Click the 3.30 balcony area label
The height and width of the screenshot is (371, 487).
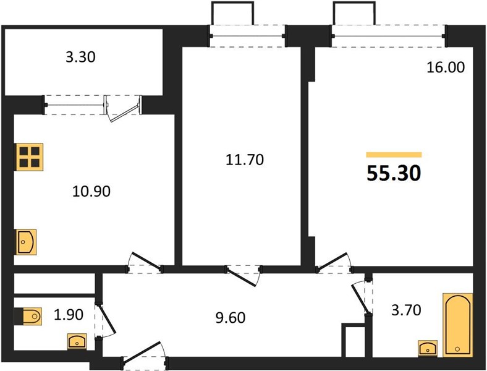point(80,57)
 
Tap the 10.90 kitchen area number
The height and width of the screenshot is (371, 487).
point(91,192)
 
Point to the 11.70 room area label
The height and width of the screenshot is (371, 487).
point(245,160)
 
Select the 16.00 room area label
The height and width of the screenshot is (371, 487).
point(446,67)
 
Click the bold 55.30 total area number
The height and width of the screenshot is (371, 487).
point(394,173)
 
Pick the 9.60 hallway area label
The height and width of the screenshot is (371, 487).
point(231,318)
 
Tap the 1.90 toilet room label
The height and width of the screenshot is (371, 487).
point(69,315)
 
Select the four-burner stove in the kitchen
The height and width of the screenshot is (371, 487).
point(30,157)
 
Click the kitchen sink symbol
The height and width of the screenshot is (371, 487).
point(26,242)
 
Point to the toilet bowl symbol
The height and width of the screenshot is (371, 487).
point(28,316)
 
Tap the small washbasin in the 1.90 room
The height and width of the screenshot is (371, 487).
point(77,341)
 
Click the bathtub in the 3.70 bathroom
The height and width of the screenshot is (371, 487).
point(458,325)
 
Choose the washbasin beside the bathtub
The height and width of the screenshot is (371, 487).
point(428,348)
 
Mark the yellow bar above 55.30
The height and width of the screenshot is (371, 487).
point(394,155)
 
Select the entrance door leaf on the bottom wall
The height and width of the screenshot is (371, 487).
point(142,351)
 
